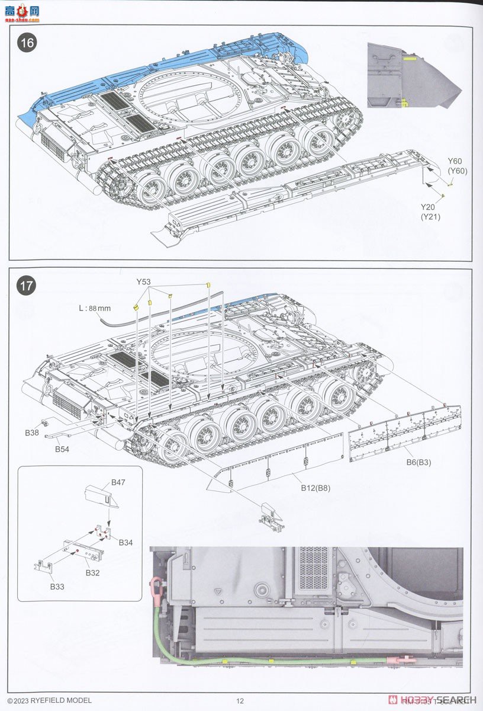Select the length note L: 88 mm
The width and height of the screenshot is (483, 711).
(95, 308)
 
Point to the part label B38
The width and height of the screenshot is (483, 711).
(32, 433)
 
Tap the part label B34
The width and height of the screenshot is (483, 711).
(125, 542)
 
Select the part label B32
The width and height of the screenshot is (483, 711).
(92, 573)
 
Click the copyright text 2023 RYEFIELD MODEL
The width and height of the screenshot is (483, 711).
(50, 700)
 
